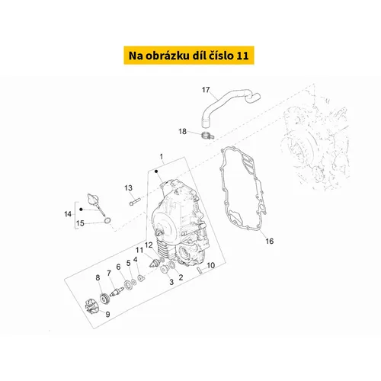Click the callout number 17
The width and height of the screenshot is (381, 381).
[206, 90]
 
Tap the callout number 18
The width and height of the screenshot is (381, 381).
[183, 131]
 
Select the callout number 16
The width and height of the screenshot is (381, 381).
[270, 241]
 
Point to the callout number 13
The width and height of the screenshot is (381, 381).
[128, 188]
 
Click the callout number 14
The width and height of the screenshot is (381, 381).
[68, 214]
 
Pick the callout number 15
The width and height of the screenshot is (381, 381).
[80, 223]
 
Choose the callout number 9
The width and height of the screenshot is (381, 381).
[107, 315]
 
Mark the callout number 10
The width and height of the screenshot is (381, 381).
[211, 265]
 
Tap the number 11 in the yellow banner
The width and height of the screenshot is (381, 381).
[242, 56]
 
